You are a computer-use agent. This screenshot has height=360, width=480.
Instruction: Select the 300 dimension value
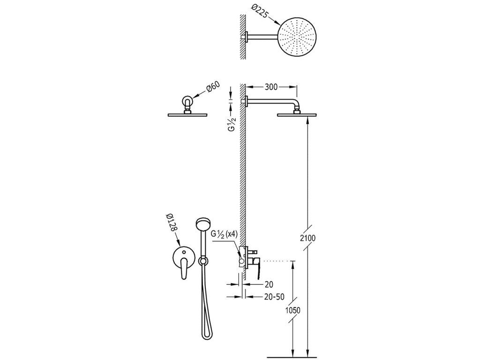pyautogui.click(x=272, y=87)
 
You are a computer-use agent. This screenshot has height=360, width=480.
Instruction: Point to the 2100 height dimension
pyautogui.click(x=309, y=238)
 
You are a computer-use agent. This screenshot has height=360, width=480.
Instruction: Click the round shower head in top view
pyautogui.click(x=298, y=36)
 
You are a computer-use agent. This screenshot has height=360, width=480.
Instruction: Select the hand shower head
pyautogui.click(x=203, y=224)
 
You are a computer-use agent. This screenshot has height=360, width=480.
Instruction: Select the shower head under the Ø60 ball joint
pyautogui.click(x=188, y=114)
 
